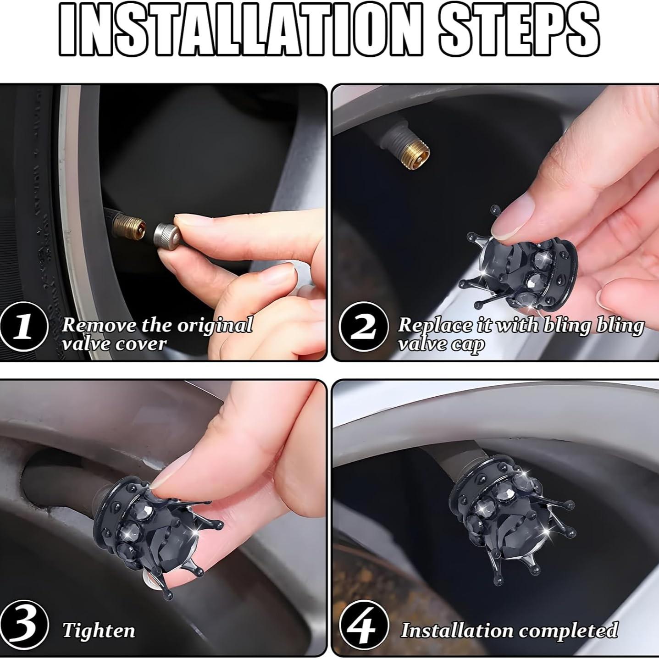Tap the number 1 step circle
click(x=23, y=326)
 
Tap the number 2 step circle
click(x=364, y=326)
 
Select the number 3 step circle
click(x=24, y=623)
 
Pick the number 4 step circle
click(x=364, y=623)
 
